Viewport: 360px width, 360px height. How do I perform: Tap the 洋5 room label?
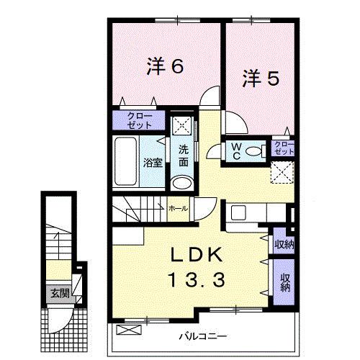click(x=259, y=77)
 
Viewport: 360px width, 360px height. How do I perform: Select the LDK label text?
click(x=192, y=256)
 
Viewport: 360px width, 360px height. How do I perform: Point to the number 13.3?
click(x=192, y=278)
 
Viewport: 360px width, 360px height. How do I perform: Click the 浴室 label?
click(x=153, y=163)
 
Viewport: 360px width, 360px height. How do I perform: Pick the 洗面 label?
click(x=184, y=156)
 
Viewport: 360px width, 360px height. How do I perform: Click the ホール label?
click(x=177, y=208)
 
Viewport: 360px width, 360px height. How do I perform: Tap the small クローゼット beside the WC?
click(x=284, y=150)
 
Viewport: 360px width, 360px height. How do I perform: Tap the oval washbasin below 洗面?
click(x=184, y=183)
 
